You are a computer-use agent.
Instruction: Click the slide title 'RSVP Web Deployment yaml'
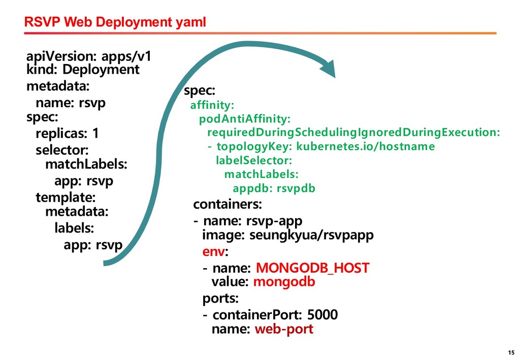(x=116, y=22)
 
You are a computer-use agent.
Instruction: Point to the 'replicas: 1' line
(x=68, y=134)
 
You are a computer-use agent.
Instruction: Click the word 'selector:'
(x=62, y=151)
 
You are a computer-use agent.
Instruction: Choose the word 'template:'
(x=66, y=197)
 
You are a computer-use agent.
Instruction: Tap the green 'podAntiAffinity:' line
(x=245, y=119)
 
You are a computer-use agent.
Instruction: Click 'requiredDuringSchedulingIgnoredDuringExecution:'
(x=353, y=133)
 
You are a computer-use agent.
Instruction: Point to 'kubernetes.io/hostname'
(x=365, y=147)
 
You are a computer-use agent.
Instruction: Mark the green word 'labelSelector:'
(x=254, y=160)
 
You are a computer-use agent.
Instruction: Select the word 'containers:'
(x=227, y=205)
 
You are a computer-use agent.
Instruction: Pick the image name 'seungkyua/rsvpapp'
(x=311, y=236)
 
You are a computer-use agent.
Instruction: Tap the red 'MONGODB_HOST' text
(x=312, y=268)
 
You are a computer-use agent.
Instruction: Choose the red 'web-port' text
(x=284, y=329)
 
